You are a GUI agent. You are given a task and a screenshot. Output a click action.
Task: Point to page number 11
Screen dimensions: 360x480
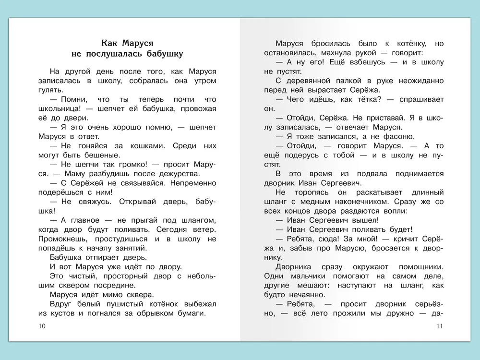[440, 327]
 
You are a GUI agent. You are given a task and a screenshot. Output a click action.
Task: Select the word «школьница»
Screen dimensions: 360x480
[60, 108]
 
